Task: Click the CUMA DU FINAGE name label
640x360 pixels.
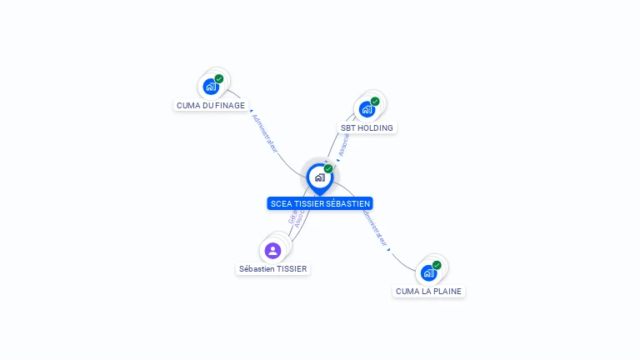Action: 211,106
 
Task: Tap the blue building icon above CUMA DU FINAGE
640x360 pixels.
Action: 211,86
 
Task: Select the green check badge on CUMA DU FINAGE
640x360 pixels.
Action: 219,79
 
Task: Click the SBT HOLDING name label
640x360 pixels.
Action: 367,128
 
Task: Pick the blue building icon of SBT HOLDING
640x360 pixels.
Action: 367,109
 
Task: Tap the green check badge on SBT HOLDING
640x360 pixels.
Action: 375,102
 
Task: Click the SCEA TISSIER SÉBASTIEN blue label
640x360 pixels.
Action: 320,203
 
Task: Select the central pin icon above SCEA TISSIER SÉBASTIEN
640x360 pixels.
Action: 319,177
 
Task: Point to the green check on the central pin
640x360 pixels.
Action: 328,169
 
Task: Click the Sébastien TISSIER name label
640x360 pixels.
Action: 273,269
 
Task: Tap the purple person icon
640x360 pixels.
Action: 272,250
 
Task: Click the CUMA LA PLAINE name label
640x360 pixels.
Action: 428,292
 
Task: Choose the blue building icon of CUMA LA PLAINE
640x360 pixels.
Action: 428,272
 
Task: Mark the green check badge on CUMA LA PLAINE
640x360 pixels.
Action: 437,265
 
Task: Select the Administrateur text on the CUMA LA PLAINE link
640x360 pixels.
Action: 373,224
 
